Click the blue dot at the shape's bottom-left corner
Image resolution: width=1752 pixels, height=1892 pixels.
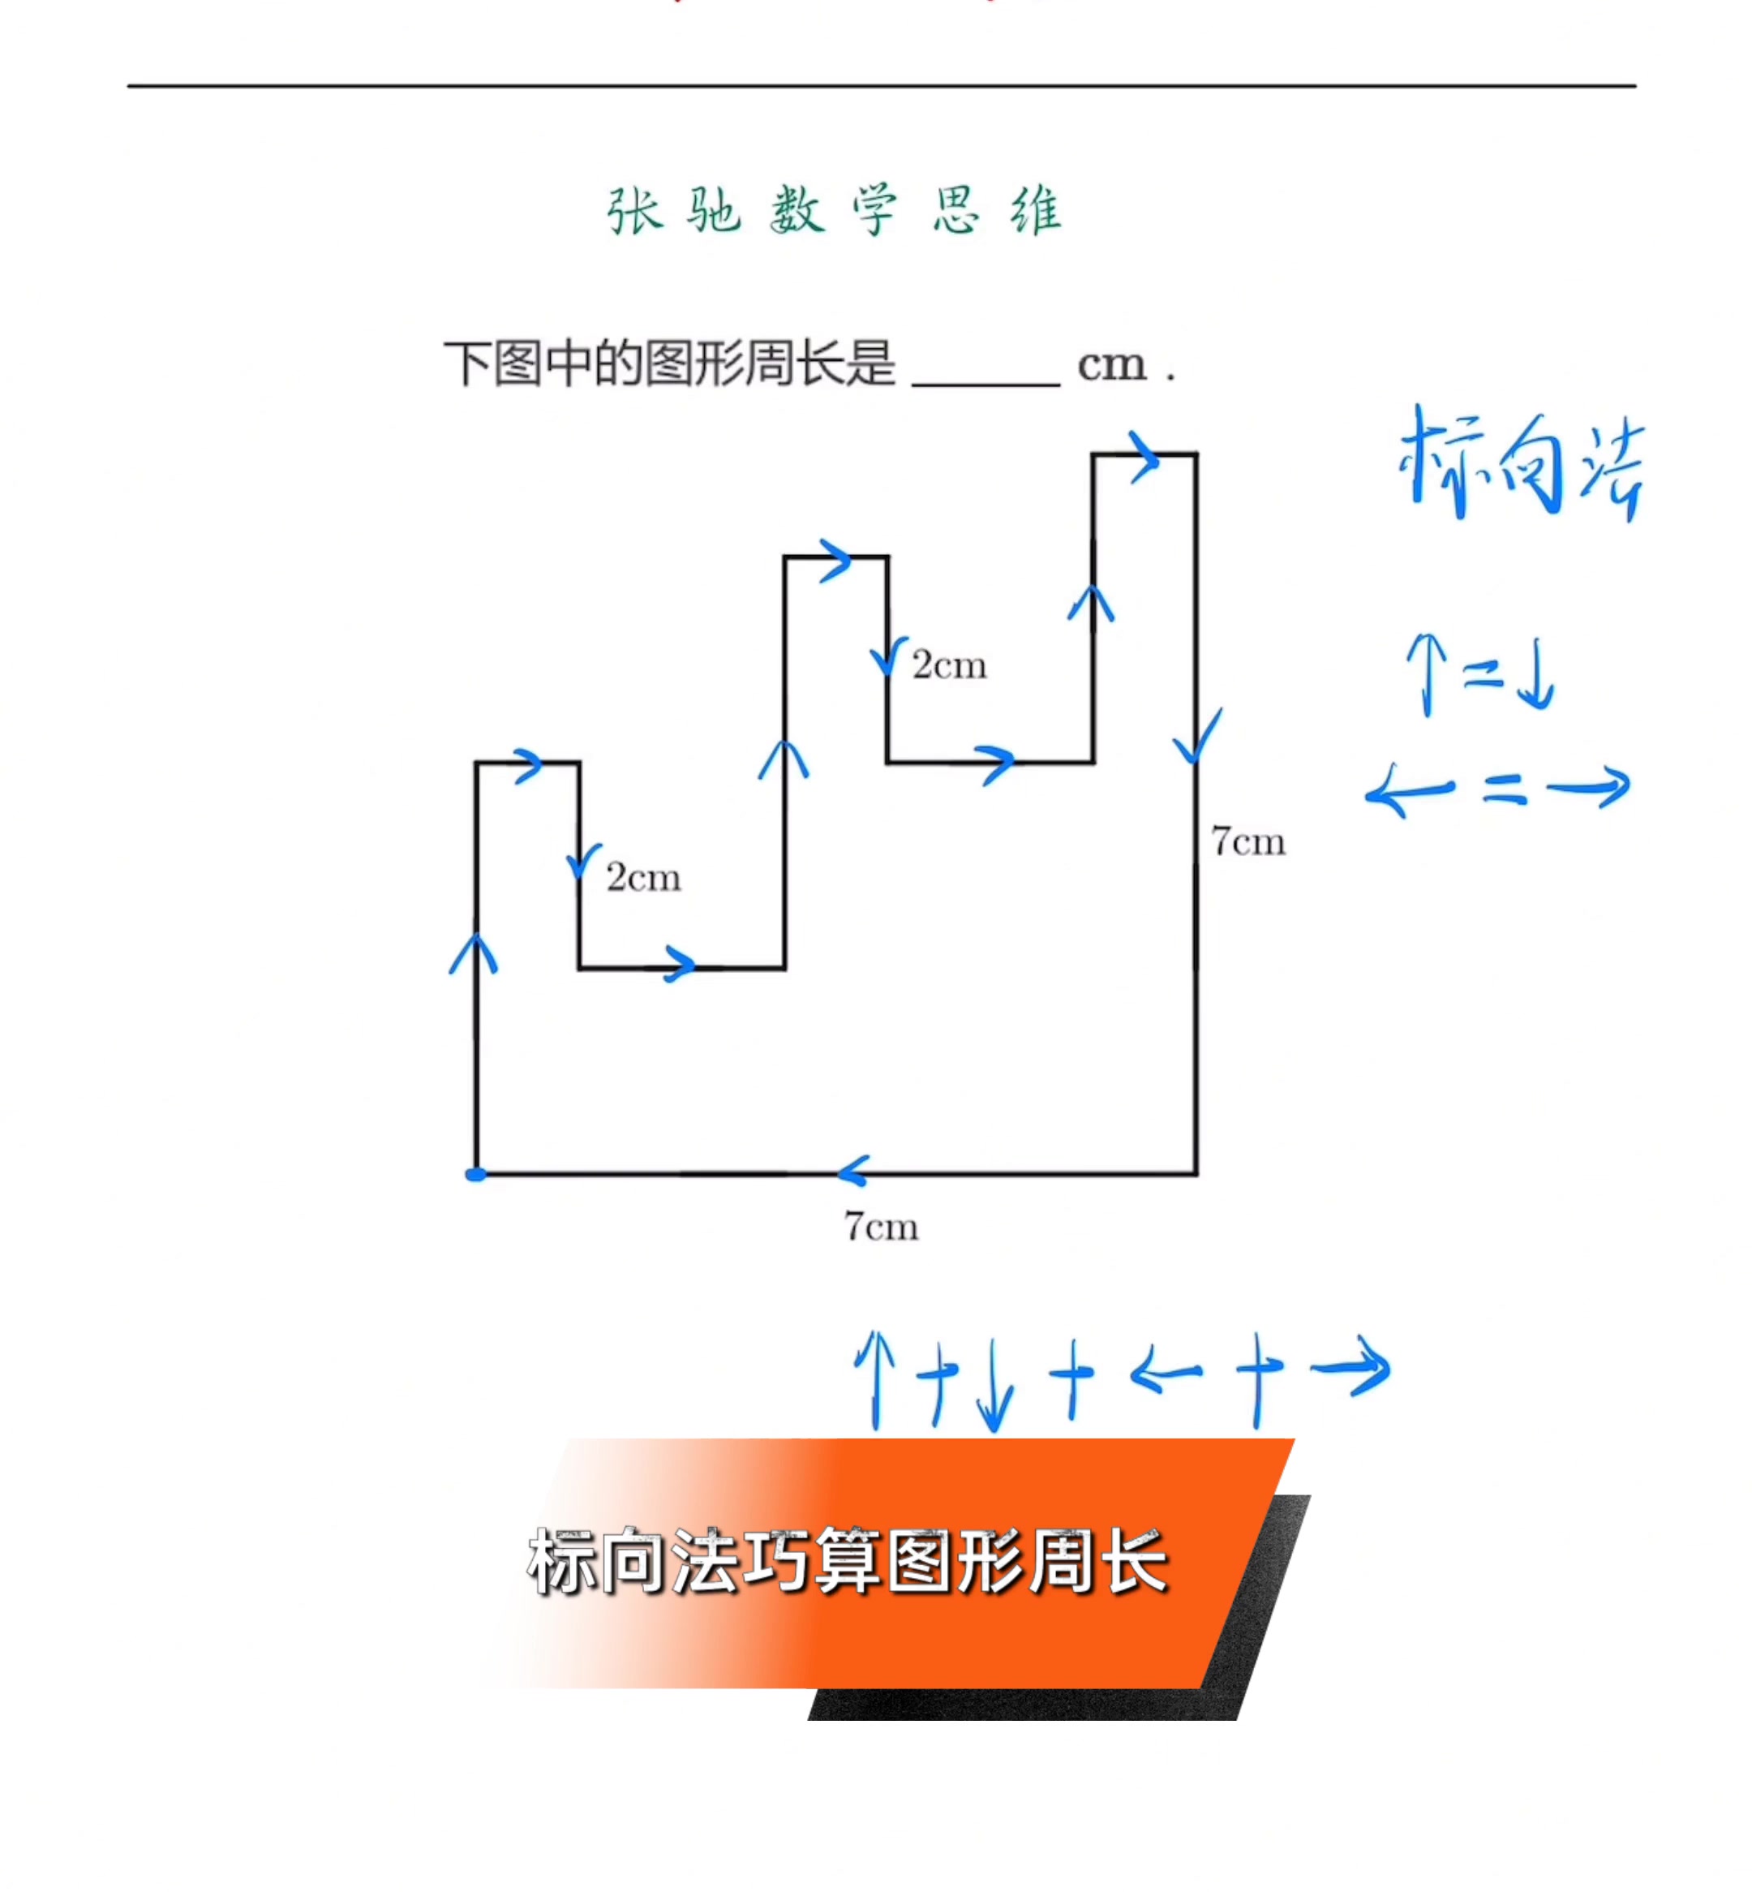click(476, 1174)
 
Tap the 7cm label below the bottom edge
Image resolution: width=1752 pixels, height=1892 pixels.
click(881, 1228)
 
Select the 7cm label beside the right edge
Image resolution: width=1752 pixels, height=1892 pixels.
click(1247, 841)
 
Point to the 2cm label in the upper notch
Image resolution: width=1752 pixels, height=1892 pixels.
click(949, 664)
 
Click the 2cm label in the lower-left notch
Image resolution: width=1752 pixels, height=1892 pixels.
click(644, 877)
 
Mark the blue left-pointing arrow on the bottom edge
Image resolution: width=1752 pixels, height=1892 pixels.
click(853, 1172)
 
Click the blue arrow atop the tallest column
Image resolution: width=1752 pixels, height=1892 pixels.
click(1144, 458)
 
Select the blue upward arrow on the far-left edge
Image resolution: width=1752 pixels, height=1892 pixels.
click(473, 954)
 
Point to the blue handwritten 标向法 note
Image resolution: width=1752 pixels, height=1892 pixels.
click(1521, 465)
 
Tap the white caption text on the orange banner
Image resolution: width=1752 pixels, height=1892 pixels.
click(848, 1562)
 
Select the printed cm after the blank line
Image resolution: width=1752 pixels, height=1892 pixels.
click(1112, 364)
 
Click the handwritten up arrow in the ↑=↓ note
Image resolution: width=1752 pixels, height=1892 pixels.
click(1427, 674)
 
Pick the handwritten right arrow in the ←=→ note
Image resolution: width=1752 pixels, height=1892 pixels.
click(1588, 786)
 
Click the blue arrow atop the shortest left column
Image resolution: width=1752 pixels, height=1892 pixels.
click(528, 765)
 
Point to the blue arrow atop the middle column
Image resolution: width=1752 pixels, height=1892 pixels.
click(835, 560)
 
